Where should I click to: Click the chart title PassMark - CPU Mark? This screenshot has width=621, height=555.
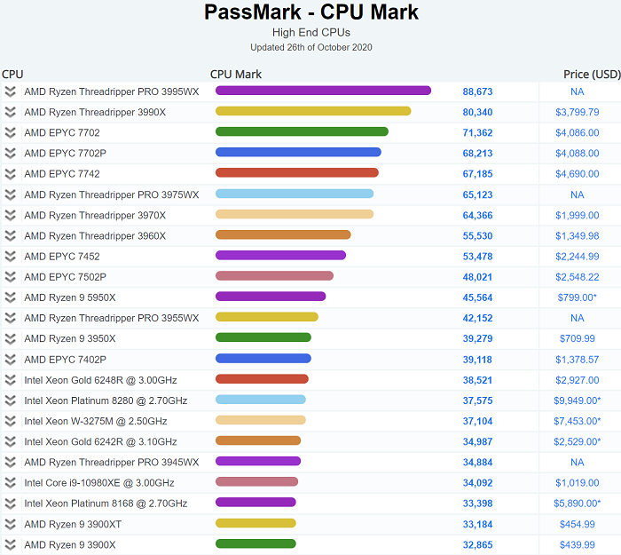point(310,12)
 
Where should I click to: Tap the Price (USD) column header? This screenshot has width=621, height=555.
point(592,75)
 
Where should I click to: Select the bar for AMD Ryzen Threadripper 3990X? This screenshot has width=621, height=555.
point(313,111)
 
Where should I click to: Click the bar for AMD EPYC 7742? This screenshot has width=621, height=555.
point(297,173)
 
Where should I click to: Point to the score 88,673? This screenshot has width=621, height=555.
point(477,91)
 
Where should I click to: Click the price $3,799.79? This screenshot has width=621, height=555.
point(577,113)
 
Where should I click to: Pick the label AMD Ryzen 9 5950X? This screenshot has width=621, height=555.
point(69,297)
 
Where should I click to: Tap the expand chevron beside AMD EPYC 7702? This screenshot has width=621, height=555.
point(11,132)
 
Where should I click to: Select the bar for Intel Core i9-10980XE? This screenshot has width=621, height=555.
point(256,482)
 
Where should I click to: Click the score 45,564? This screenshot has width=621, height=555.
point(477,297)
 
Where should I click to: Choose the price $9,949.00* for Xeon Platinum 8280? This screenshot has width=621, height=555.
point(577,400)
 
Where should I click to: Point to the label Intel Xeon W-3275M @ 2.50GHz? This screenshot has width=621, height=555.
point(95,421)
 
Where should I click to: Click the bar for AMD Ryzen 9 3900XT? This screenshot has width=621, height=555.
point(255,524)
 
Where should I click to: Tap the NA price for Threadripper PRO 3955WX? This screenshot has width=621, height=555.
point(577,318)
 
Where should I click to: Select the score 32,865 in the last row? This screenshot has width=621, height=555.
point(477,544)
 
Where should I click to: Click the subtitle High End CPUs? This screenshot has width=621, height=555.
point(310,33)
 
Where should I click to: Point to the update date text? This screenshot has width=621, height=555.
point(310,47)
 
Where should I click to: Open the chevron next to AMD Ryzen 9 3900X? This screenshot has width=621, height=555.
point(11,544)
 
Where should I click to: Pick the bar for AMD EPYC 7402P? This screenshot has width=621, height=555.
point(263,359)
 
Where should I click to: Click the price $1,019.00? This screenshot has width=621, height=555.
point(577,483)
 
